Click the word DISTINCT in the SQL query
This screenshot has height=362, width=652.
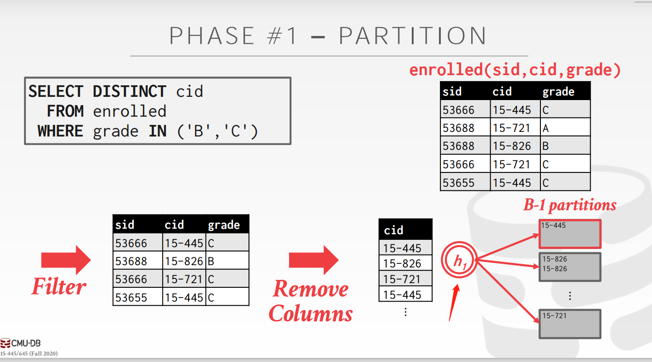pyautogui.click(x=130, y=91)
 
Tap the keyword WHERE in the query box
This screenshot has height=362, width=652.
pyautogui.click(x=60, y=131)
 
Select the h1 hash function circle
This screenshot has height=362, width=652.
pyautogui.click(x=459, y=260)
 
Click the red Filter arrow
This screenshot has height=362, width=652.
pyautogui.click(x=66, y=260)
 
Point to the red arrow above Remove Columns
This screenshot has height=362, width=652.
pyautogui.click(x=314, y=260)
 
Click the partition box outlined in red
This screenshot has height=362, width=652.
pyautogui.click(x=570, y=234)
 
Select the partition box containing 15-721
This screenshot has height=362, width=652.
pyautogui.click(x=570, y=324)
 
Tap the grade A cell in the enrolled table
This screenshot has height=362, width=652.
pyautogui.click(x=565, y=128)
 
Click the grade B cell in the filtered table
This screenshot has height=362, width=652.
pyautogui.click(x=227, y=261)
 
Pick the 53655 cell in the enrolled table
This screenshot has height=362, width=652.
pyautogui.click(x=465, y=183)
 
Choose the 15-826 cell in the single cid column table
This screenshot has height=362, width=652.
pyautogui.click(x=405, y=263)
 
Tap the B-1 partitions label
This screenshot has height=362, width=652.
pyautogui.click(x=569, y=205)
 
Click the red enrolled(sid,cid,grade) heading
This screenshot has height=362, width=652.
pyautogui.click(x=515, y=70)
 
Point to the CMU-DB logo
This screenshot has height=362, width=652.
pyautogui.click(x=20, y=343)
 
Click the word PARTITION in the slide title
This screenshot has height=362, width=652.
pyautogui.click(x=413, y=36)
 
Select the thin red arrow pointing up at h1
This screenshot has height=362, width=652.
pyautogui.click(x=454, y=303)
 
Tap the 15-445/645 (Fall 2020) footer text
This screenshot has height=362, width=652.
pyautogui.click(x=29, y=354)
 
